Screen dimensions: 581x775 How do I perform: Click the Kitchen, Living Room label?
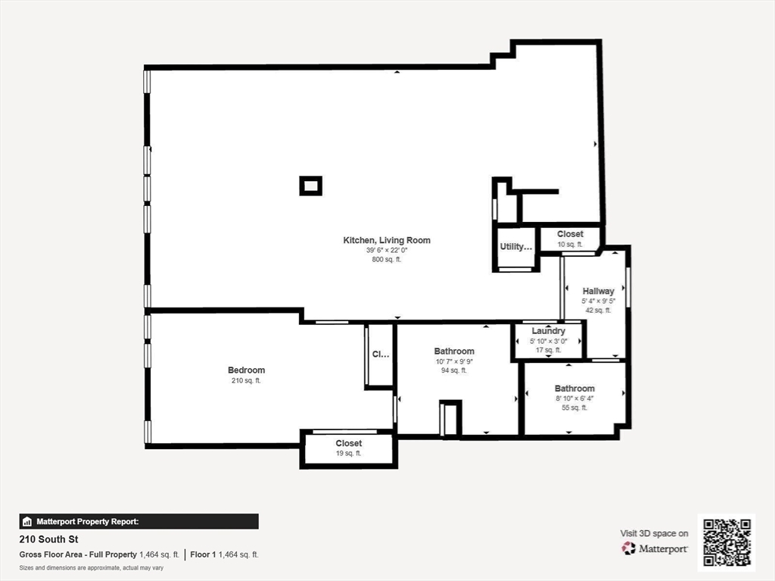(387, 240)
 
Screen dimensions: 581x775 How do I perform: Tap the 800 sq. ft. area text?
(387, 260)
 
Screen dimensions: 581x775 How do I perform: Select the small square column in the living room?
(310, 186)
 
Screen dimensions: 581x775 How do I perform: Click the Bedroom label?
(246, 370)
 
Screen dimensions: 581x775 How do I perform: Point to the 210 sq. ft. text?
(246, 381)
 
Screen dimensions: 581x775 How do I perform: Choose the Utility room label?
(516, 247)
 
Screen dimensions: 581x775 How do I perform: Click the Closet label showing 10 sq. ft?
(570, 235)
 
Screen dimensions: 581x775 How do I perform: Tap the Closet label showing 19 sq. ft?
(348, 443)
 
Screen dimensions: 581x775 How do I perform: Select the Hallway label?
(598, 291)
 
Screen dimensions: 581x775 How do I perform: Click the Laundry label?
(548, 331)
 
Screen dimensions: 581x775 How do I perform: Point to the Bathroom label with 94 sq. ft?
(454, 351)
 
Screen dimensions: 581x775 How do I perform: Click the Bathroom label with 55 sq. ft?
(574, 389)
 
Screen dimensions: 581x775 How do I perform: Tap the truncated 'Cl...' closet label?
(379, 354)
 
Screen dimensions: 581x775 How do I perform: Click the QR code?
(726, 542)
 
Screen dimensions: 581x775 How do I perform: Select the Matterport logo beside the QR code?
(655, 548)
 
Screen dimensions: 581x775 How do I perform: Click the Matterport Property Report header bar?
(139, 521)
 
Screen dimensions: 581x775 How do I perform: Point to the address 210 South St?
(48, 540)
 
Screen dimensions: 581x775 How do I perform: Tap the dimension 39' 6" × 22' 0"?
(387, 250)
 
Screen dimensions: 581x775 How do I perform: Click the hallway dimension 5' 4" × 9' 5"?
(598, 301)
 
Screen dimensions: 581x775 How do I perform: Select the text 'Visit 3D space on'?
(654, 533)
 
